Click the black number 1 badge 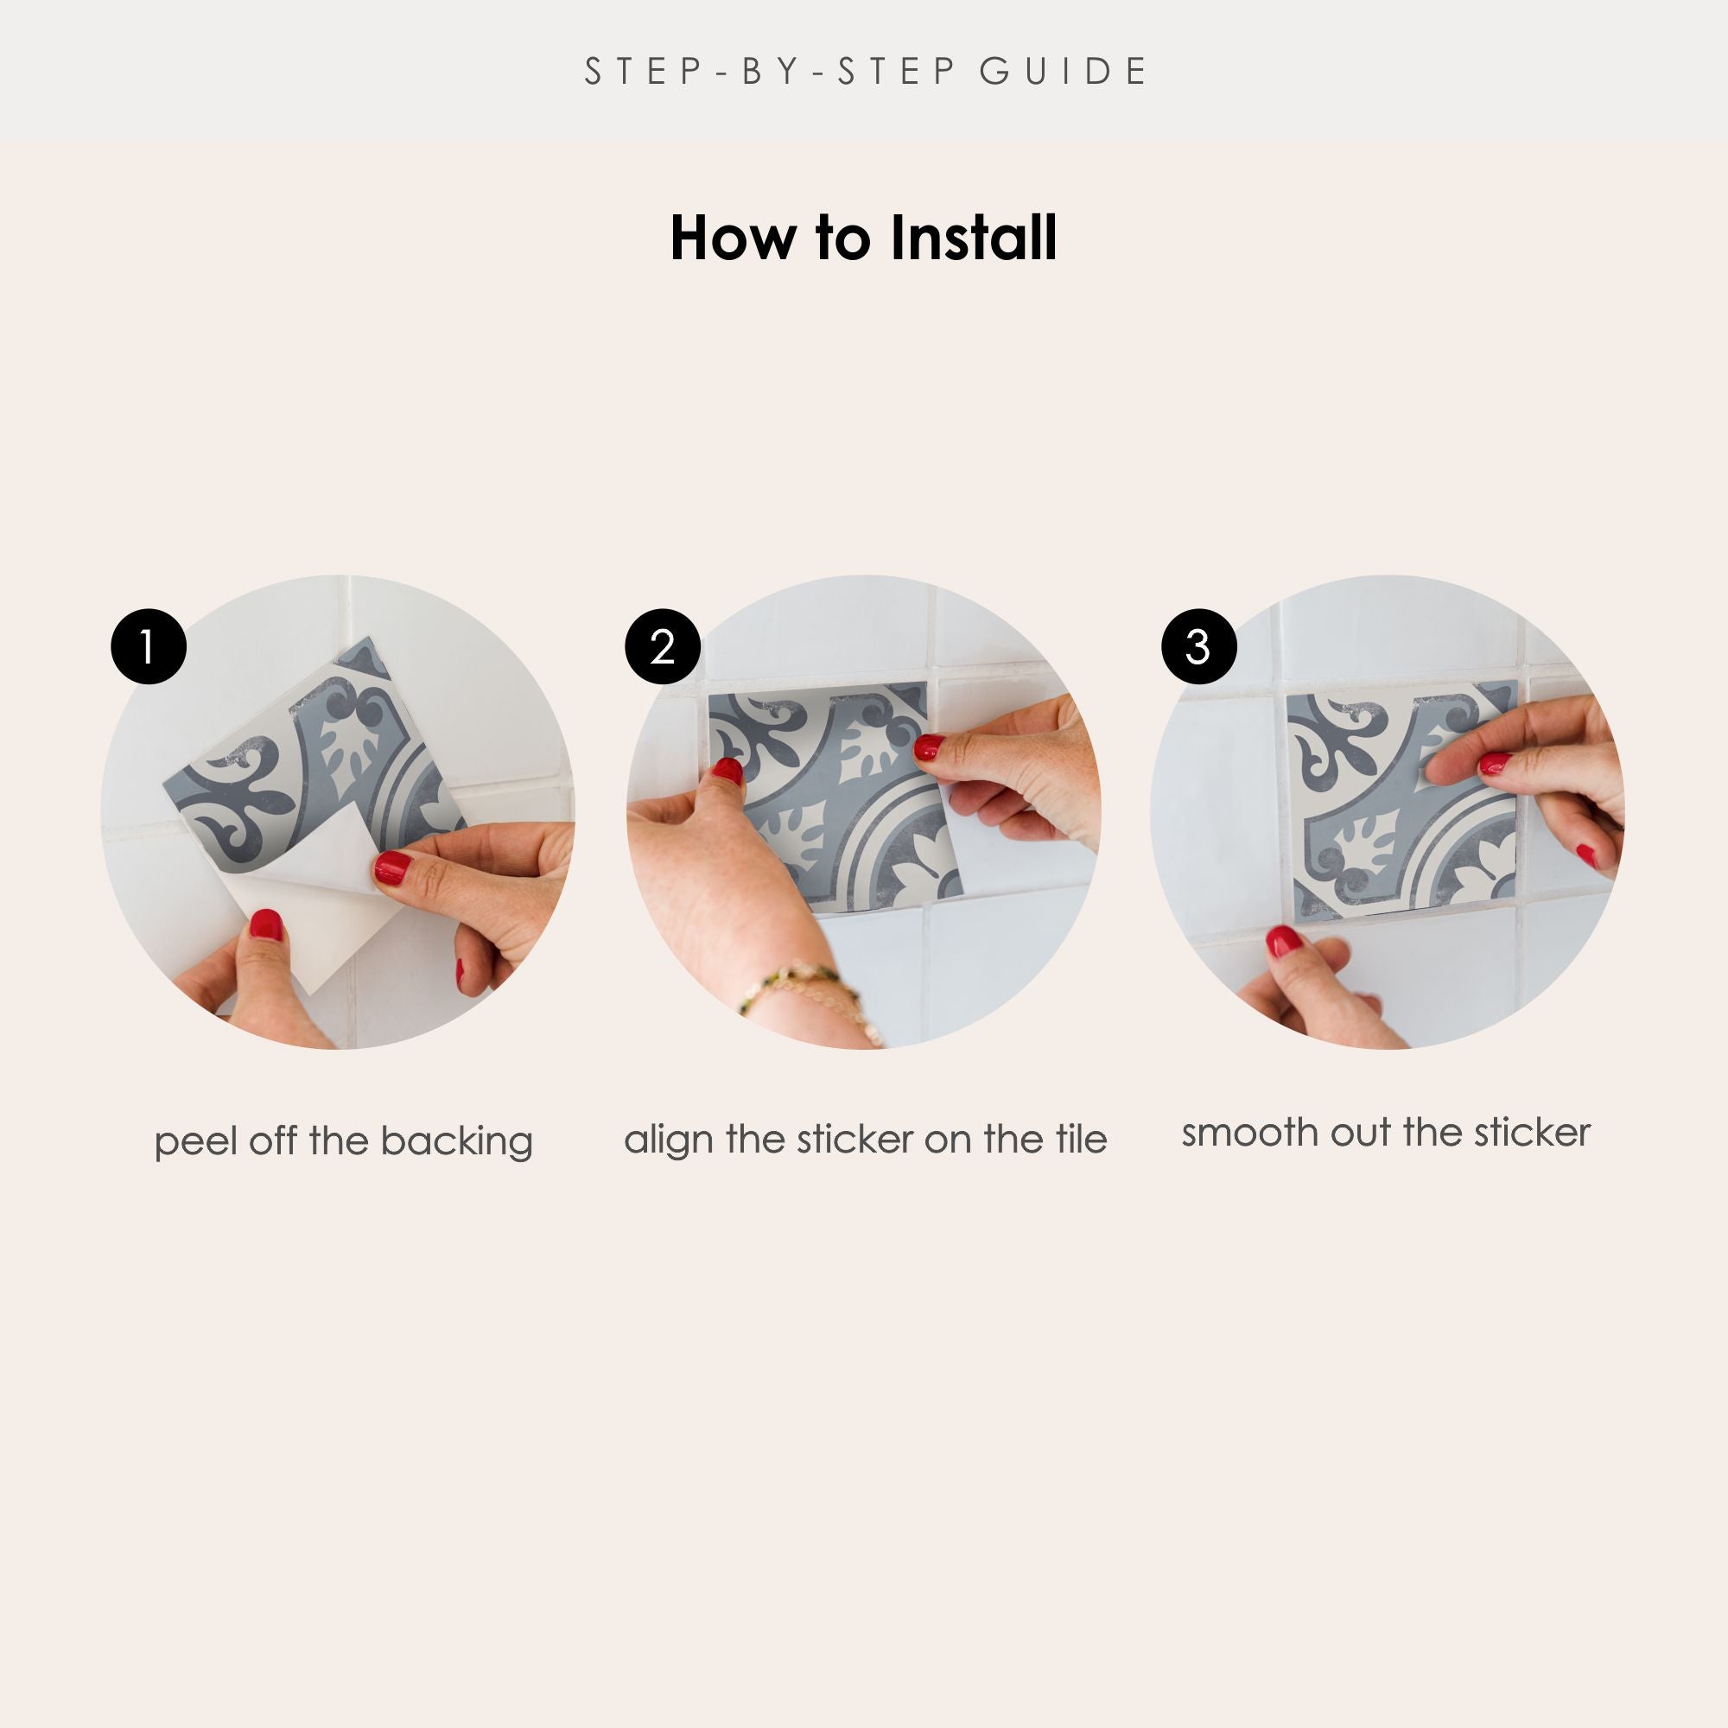click(149, 646)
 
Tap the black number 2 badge click(663, 646)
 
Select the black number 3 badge click(1198, 646)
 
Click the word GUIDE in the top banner click(1064, 72)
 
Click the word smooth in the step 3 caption click(1250, 1133)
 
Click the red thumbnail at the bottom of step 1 click(266, 924)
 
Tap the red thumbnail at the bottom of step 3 click(1285, 940)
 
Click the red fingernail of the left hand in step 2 click(728, 770)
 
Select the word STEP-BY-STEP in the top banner click(772, 72)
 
